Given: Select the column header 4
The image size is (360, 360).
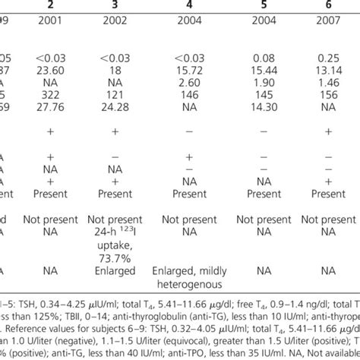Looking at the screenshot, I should pos(189,6).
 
